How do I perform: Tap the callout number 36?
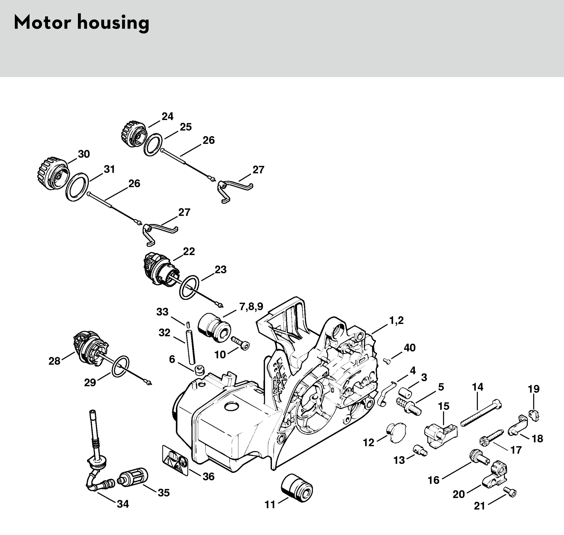208,477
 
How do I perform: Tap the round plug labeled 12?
395,433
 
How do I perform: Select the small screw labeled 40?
387,361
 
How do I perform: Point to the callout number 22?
189,252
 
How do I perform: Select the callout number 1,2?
397,321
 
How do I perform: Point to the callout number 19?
533,389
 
